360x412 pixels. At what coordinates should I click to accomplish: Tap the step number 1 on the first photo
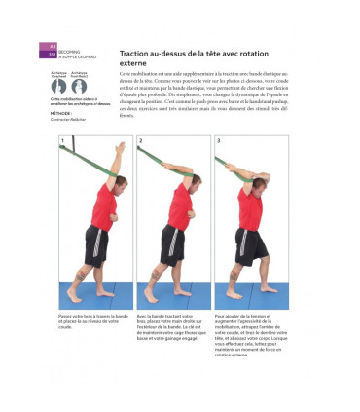pos(63,141)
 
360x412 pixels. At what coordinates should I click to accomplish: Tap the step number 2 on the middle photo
pos(140,141)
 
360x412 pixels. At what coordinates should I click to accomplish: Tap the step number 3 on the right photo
pos(218,141)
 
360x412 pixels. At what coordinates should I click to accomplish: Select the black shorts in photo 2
pos(173,243)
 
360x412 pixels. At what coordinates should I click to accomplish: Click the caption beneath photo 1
pos(93,320)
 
